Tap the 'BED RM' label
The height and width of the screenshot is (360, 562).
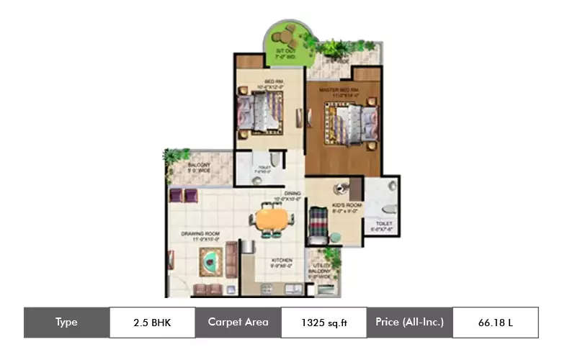point(273,81)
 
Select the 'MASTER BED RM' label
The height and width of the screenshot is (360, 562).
point(339,89)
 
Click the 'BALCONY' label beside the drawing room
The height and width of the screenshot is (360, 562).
point(198,165)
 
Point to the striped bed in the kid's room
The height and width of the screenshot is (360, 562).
point(318,223)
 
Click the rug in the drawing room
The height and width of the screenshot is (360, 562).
point(210,258)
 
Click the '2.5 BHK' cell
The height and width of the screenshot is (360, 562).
point(152,323)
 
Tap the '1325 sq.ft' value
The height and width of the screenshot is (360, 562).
point(323,323)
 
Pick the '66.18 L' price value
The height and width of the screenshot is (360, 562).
point(495,323)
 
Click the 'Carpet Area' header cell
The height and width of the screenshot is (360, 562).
point(238,323)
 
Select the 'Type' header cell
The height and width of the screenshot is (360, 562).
point(66,323)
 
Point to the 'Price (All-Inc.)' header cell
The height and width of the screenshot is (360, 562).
point(409,323)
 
